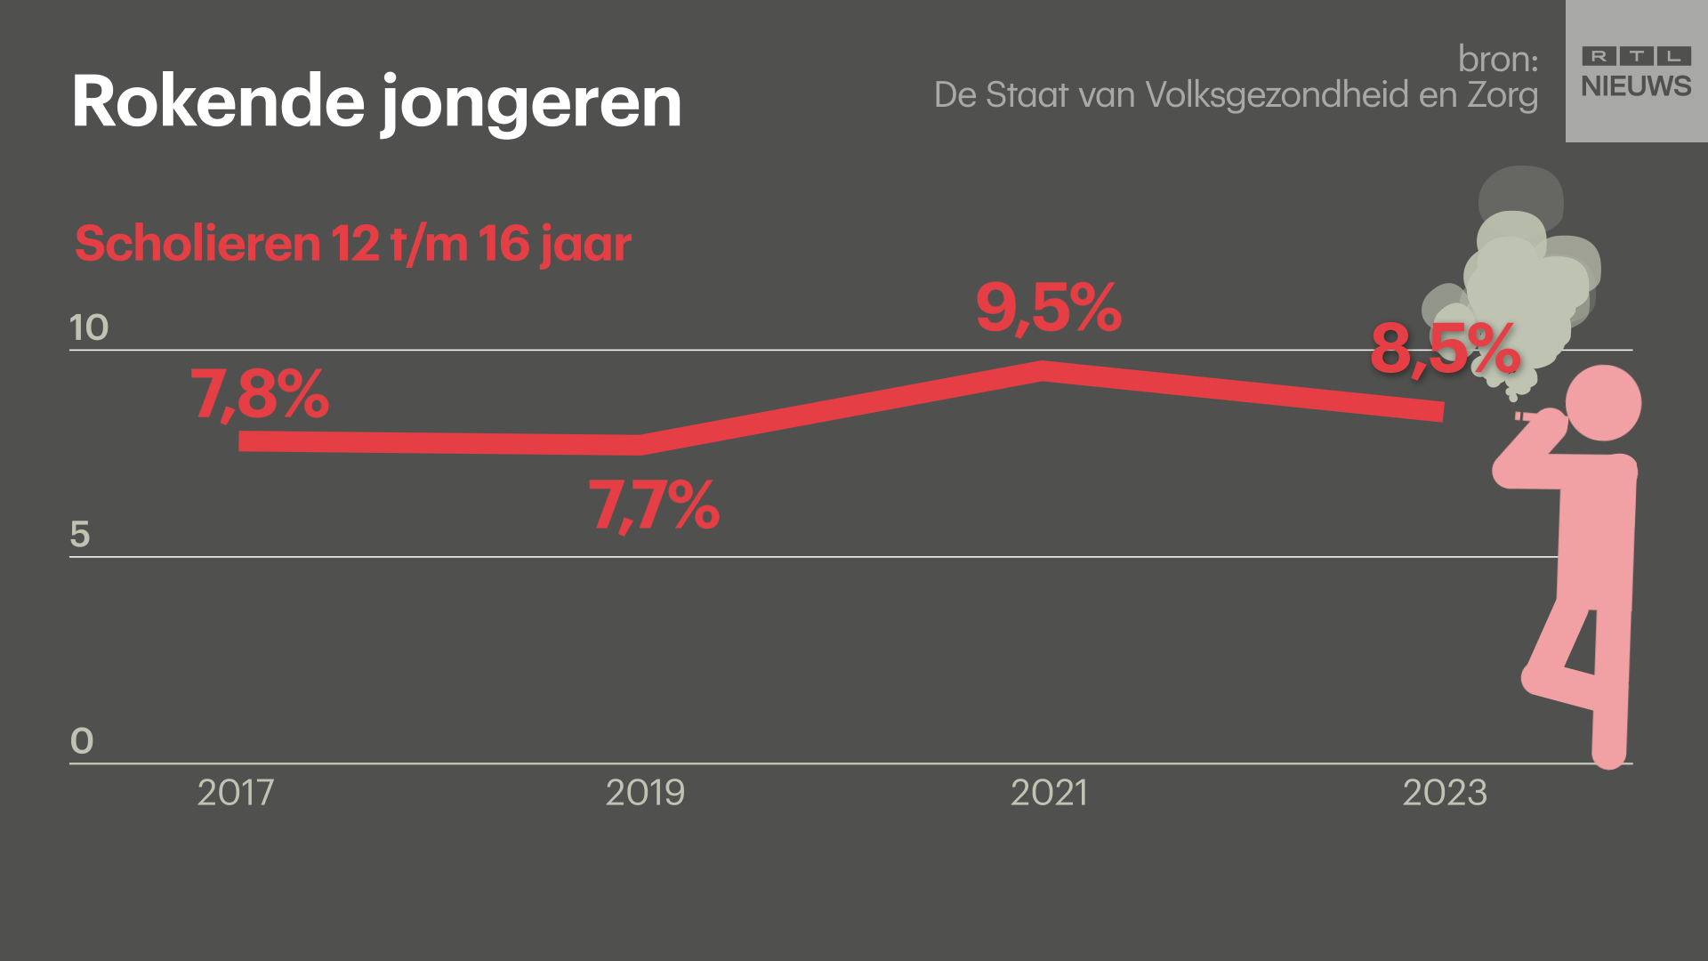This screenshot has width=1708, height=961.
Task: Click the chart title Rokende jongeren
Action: pyautogui.click(x=376, y=101)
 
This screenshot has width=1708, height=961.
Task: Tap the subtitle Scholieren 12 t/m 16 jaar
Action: pyautogui.click(x=353, y=243)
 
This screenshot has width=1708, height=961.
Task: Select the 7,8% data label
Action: pyautogui.click(x=260, y=394)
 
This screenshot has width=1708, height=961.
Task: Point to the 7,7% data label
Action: pyautogui.click(x=654, y=505)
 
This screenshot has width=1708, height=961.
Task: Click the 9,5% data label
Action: pyautogui.click(x=1048, y=308)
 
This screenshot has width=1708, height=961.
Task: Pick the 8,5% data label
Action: pyautogui.click(x=1445, y=349)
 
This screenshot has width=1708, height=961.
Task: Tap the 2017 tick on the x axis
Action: pyautogui.click(x=236, y=792)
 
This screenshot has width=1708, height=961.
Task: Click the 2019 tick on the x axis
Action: pyautogui.click(x=645, y=792)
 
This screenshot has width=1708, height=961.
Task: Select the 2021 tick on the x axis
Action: pyautogui.click(x=1049, y=792)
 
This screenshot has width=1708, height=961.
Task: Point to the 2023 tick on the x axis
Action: pyautogui.click(x=1445, y=792)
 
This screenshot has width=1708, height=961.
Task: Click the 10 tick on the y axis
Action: pyautogui.click(x=89, y=327)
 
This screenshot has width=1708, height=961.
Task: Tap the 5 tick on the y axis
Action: pyautogui.click(x=80, y=534)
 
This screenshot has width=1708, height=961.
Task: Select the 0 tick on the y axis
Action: pyautogui.click(x=81, y=740)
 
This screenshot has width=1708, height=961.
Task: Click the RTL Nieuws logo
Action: pyautogui.click(x=1636, y=71)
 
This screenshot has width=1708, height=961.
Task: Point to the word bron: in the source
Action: pyautogui.click(x=1498, y=59)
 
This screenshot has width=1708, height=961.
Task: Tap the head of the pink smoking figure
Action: pyautogui.click(x=1603, y=402)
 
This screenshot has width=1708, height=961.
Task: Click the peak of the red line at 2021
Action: pyautogui.click(x=1043, y=371)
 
